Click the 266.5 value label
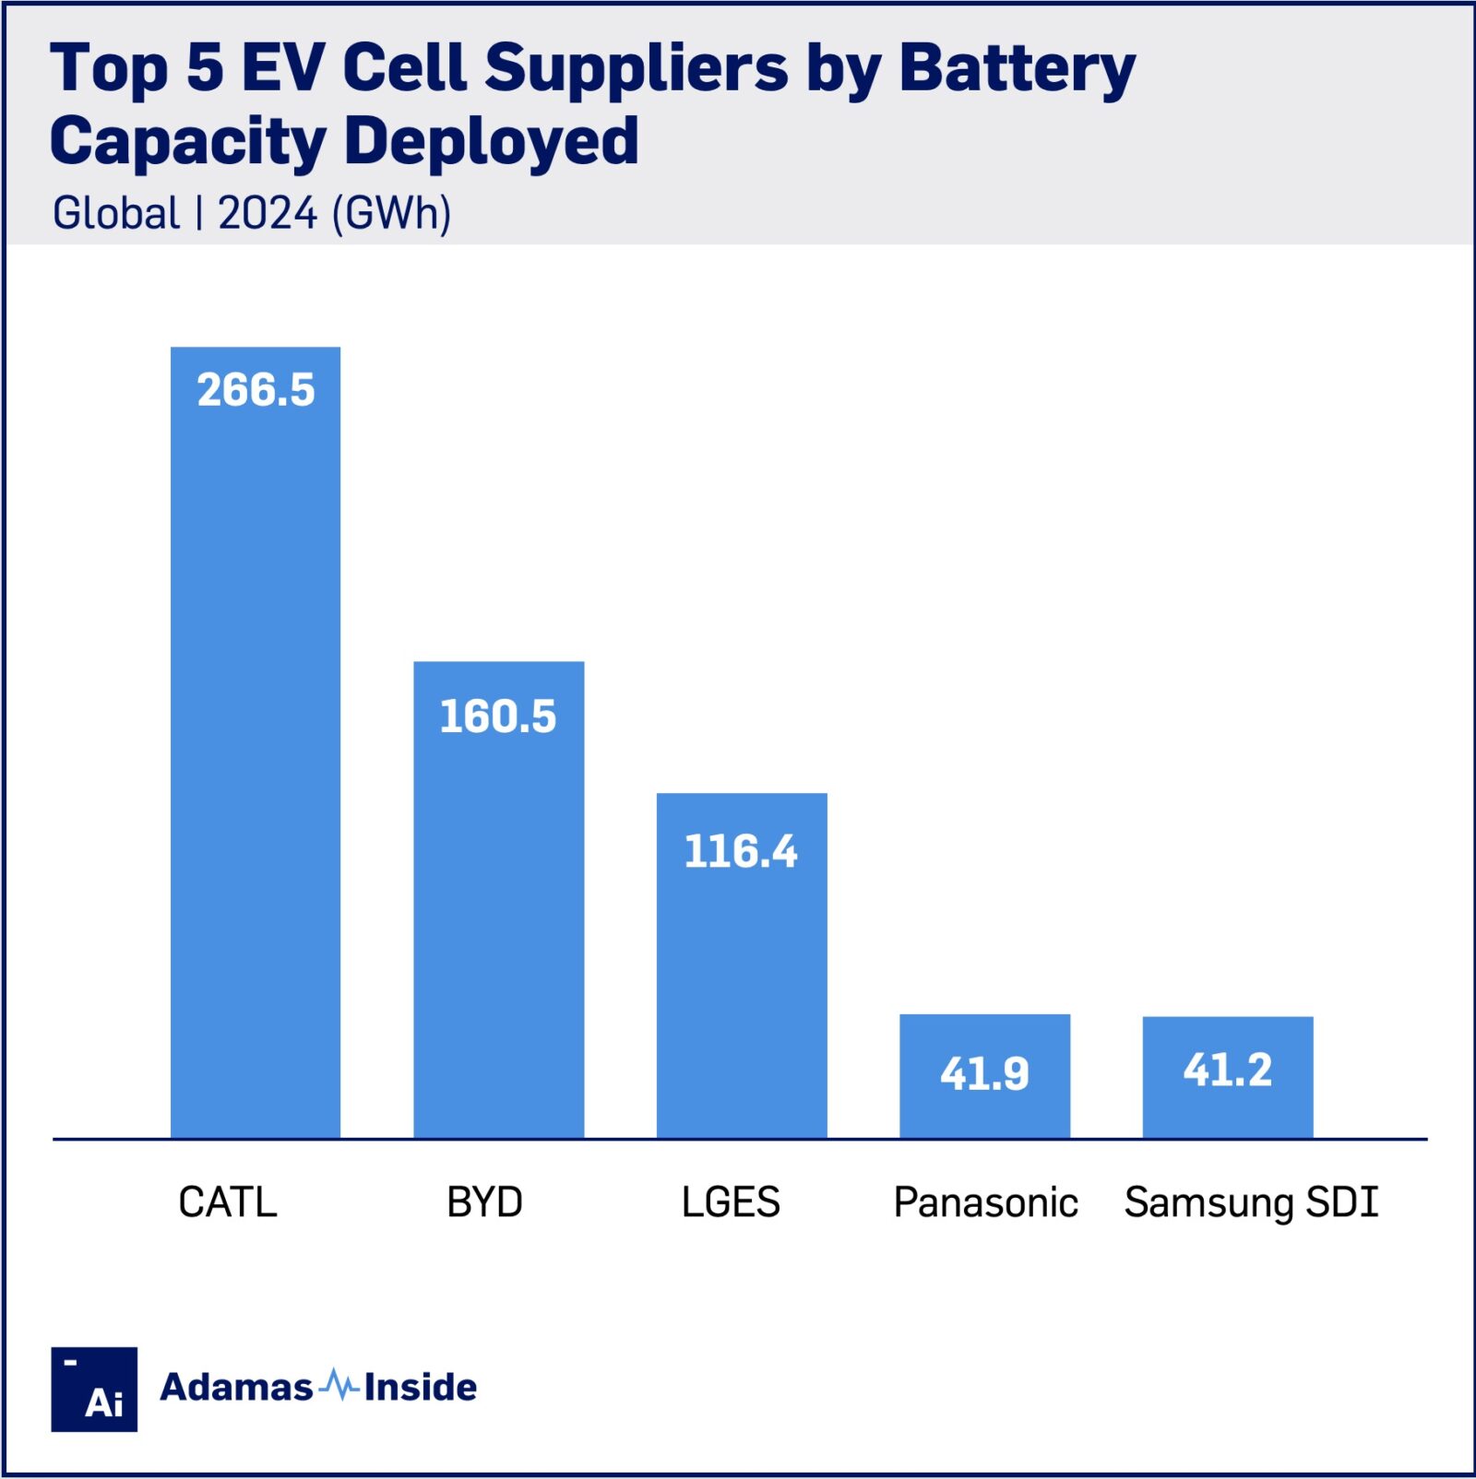256,390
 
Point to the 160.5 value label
498,716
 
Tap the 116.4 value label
741,851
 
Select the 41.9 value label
984,1073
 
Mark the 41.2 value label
1228,1071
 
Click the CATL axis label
228,1202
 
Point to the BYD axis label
484,1202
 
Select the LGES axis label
731,1202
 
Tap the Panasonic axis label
985,1202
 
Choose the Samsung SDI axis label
1251,1202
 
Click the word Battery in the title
1017,70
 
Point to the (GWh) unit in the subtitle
391,213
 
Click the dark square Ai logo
94,1389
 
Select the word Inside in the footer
420,1387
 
